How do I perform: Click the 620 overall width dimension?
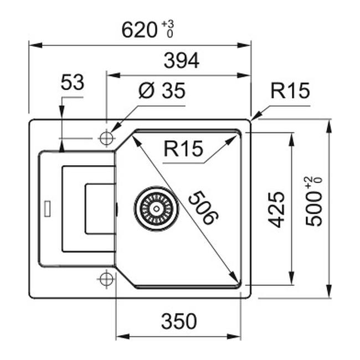(139, 30)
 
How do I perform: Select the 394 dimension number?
(181, 60)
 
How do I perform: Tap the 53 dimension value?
(73, 82)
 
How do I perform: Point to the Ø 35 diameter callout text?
(162, 91)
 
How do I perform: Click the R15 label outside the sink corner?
(290, 91)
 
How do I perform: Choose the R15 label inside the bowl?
(183, 148)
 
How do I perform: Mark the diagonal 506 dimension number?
(203, 208)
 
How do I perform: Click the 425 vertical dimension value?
(276, 209)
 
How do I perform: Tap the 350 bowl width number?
(179, 321)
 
